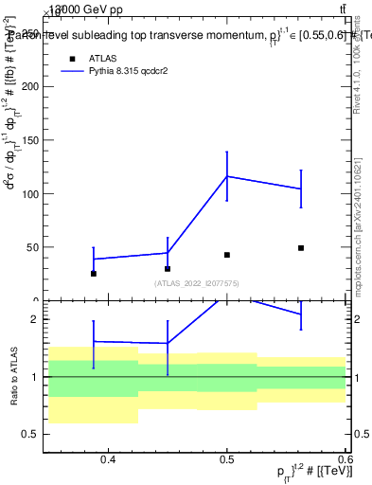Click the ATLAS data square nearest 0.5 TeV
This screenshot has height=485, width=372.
pyautogui.click(x=227, y=255)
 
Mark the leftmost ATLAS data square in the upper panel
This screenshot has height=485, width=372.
pyautogui.click(x=94, y=274)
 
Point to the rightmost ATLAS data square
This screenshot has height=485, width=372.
pyautogui.click(x=301, y=248)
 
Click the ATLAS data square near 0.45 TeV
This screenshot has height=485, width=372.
pyautogui.click(x=168, y=269)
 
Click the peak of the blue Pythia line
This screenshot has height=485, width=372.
pyautogui.click(x=227, y=176)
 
